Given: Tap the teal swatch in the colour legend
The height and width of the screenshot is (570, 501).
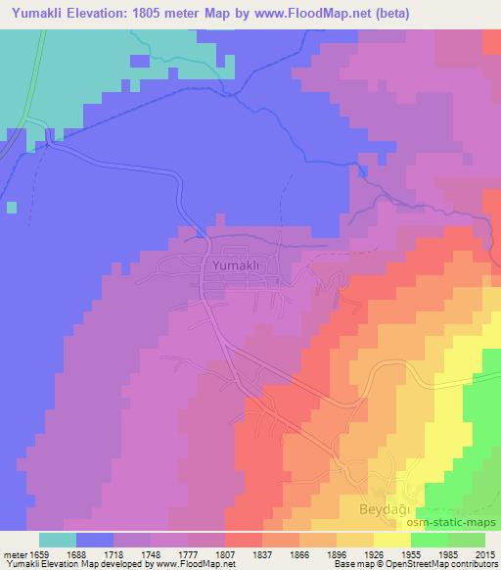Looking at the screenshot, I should point(58,540).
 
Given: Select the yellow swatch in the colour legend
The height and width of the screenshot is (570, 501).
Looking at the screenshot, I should point(392,540).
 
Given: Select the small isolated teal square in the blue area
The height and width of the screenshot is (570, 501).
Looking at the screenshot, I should point(12,207).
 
